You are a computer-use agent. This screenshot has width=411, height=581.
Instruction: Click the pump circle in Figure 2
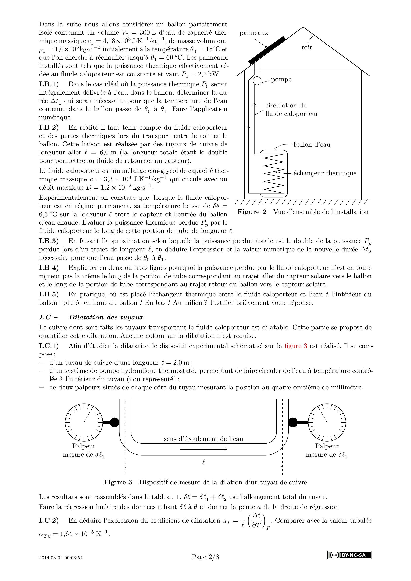pyautogui.click(x=257, y=81)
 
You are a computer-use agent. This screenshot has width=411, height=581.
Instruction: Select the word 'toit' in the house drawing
pyautogui.click(x=307, y=47)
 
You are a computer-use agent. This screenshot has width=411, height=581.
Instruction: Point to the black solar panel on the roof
pyautogui.click(x=267, y=50)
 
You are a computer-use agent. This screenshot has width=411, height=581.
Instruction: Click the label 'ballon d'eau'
pyautogui.click(x=312, y=145)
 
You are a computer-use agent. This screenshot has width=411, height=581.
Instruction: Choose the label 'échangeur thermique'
pyautogui.click(x=325, y=173)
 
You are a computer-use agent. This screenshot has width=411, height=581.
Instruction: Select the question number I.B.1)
pyautogui.click(x=49, y=84)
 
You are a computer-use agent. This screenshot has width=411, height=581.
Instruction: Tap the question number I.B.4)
pyautogui.click(x=49, y=268)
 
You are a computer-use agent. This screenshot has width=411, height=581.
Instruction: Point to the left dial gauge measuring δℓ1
pyautogui.click(x=84, y=422)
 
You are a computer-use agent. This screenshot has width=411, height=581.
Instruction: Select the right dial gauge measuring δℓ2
pyautogui.click(x=327, y=422)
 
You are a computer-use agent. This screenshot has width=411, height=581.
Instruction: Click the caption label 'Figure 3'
pyautogui.click(x=118, y=482)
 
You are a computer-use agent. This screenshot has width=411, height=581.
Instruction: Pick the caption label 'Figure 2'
pyautogui.click(x=252, y=212)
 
